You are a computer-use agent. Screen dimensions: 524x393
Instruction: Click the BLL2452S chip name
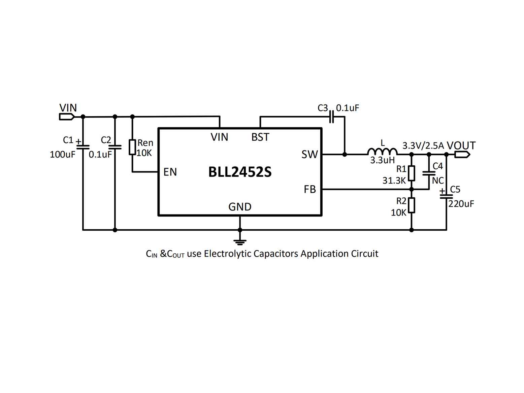click(240, 172)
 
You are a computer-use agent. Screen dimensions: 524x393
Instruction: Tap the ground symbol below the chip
click(240, 242)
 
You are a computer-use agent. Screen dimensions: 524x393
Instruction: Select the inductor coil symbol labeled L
click(382, 152)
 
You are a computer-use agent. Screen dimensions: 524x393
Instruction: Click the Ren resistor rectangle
click(132, 147)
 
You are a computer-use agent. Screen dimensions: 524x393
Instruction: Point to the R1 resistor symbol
click(411, 173)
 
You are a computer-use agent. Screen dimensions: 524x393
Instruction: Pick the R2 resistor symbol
click(411, 205)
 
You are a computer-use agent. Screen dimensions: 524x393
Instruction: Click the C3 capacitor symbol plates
click(331, 117)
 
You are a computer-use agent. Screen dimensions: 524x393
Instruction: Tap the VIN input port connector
click(67, 117)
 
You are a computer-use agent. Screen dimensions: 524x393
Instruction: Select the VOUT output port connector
click(462, 155)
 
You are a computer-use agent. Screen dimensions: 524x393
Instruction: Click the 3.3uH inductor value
click(383, 160)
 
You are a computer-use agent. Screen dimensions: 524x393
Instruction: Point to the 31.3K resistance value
click(394, 181)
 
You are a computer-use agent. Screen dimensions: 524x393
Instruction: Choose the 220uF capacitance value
click(461, 204)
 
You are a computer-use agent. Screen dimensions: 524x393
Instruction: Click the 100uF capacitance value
click(62, 155)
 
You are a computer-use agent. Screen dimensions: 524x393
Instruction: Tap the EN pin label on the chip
click(170, 172)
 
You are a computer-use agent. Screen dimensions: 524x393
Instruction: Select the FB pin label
click(310, 190)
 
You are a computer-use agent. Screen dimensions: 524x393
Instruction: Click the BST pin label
click(260, 137)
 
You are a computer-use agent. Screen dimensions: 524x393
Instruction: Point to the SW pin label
click(309, 155)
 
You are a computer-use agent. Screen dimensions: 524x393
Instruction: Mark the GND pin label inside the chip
click(240, 207)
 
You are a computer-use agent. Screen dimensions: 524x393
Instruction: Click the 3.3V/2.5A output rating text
click(423, 145)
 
